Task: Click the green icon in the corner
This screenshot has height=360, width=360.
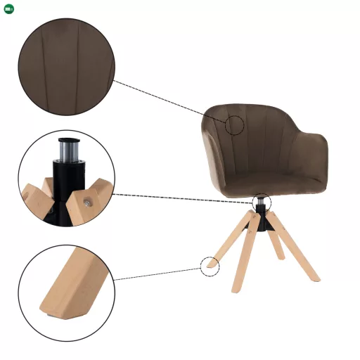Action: pyautogui.click(x=8, y=8)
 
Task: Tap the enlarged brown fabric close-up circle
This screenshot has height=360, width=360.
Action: pyautogui.click(x=66, y=67)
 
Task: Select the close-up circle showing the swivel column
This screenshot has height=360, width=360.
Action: pyautogui.click(x=66, y=179)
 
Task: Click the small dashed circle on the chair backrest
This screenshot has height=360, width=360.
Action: pyautogui.click(x=235, y=125)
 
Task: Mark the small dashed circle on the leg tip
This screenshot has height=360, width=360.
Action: pyautogui.click(x=210, y=266)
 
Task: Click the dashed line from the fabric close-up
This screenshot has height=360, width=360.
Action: pyautogui.click(x=169, y=103)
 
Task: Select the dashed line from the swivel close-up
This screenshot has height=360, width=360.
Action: pyautogui.click(x=183, y=198)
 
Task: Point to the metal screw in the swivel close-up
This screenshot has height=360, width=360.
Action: pyautogui.click(x=86, y=202)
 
